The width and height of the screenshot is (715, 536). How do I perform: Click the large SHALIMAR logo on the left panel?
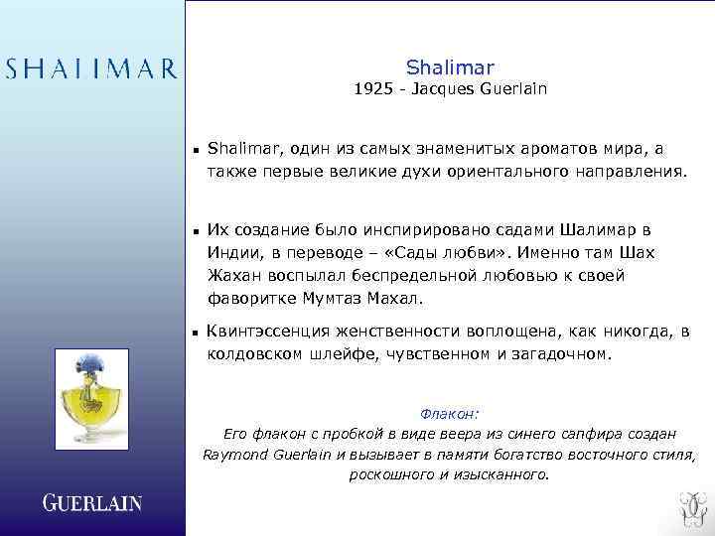(x=91, y=68)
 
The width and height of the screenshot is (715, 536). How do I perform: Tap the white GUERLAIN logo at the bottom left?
(x=91, y=503)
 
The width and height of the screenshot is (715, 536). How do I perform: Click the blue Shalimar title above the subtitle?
(x=449, y=67)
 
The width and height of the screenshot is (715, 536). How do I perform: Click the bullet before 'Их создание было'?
(x=197, y=231)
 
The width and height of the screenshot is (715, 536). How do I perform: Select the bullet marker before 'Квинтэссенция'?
(x=197, y=333)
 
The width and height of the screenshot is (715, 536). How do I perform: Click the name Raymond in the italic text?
(x=233, y=455)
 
